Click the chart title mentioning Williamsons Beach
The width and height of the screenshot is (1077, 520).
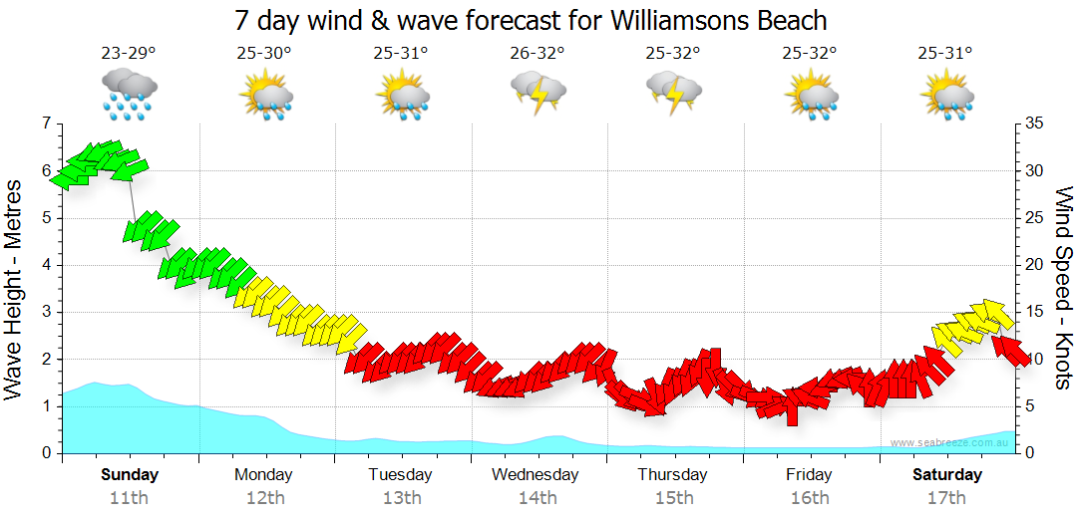tap(531, 20)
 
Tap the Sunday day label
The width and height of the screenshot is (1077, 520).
tap(130, 474)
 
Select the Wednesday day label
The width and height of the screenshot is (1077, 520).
tap(535, 474)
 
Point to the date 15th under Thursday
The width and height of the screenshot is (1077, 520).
tap(673, 497)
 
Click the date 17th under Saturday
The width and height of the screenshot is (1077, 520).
tap(946, 497)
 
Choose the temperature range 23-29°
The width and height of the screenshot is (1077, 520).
tap(129, 54)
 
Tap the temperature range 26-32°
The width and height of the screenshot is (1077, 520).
tap(537, 54)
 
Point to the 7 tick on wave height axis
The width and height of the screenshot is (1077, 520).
tap(44, 124)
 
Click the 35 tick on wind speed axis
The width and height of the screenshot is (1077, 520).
tap(1033, 124)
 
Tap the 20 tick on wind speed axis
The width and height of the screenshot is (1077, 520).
tap(1033, 265)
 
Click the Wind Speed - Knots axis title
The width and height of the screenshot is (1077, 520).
tap(1061, 289)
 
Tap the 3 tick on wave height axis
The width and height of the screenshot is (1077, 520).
tap(44, 312)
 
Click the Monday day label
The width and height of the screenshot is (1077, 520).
tap(263, 474)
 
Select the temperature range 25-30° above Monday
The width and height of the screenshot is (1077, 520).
tap(264, 54)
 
